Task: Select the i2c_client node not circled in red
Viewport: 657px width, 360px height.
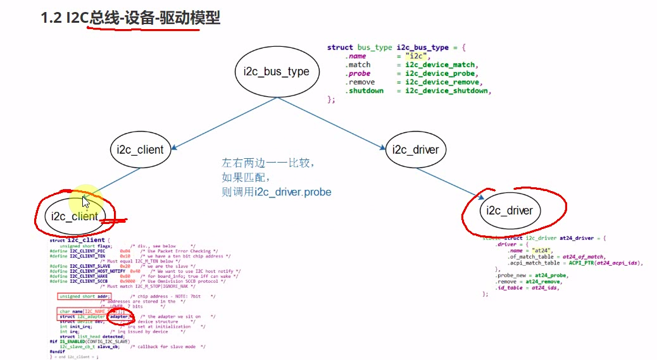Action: tap(140, 150)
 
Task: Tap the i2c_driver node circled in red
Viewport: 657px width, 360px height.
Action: tap(510, 211)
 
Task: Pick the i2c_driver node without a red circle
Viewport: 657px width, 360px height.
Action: tap(415, 150)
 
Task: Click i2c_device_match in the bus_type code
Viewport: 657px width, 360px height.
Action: tap(441, 65)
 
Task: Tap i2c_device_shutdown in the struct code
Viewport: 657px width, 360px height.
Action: tap(447, 91)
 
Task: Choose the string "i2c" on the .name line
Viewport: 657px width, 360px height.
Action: tap(416, 56)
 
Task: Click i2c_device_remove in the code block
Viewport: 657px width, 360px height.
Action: tap(443, 82)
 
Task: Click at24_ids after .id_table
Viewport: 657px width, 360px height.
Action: tap(547, 288)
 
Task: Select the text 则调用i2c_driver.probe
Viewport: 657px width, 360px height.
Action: tap(277, 192)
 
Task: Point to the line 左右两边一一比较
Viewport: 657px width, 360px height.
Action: tap(266, 163)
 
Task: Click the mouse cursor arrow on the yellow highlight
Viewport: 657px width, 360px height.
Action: tap(85, 202)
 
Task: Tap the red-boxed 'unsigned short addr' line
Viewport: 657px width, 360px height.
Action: tap(84, 296)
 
